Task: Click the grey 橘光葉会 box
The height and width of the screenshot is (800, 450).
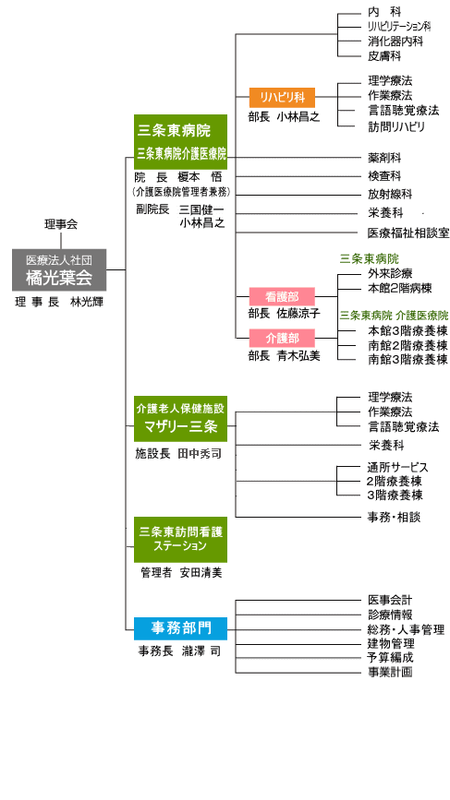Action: click(x=59, y=270)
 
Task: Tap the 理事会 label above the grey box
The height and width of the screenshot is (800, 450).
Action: click(x=61, y=224)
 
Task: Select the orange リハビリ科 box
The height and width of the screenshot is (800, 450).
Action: click(x=282, y=98)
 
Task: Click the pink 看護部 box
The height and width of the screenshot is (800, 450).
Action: click(x=282, y=296)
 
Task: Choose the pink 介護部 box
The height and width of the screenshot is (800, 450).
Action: click(x=282, y=339)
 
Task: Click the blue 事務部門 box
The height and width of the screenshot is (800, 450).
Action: click(x=181, y=628)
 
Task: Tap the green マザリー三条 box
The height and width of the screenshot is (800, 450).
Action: click(x=181, y=419)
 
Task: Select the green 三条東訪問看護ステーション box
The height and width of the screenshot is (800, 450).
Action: click(x=181, y=539)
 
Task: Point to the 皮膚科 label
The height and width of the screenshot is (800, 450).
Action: click(x=384, y=56)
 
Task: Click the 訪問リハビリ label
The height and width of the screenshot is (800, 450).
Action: click(x=396, y=126)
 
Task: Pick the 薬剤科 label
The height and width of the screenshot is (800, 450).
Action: click(x=384, y=158)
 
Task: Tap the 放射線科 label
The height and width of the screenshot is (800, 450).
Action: click(x=390, y=195)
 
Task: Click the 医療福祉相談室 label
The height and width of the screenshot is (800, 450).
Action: click(x=407, y=233)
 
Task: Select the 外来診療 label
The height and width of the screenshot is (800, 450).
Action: click(x=390, y=273)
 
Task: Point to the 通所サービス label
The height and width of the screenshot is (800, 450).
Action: click(x=397, y=467)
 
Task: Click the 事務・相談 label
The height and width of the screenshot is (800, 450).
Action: click(x=394, y=518)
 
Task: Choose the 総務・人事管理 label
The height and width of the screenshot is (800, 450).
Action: click(x=406, y=629)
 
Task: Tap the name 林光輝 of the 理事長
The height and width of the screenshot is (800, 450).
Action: click(x=87, y=302)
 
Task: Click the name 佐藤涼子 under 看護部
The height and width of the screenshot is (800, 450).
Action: click(x=298, y=314)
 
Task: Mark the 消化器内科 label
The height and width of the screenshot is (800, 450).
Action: click(x=395, y=42)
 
